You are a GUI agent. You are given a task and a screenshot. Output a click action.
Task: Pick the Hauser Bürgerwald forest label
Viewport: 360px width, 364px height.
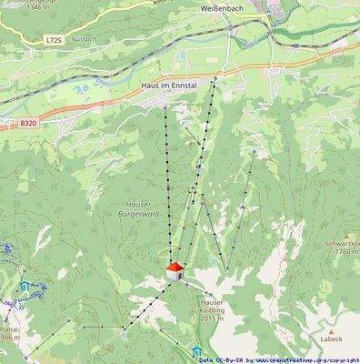coord(139,208)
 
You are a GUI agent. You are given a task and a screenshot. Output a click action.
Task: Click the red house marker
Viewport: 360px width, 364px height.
coord(174,270)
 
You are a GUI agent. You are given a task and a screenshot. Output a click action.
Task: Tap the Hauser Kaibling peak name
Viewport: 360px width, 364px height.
coord(212,306)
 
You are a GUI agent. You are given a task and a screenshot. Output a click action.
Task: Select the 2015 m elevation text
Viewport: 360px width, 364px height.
coord(212,318)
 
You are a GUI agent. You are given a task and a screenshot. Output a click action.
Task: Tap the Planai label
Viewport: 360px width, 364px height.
coord(9,325)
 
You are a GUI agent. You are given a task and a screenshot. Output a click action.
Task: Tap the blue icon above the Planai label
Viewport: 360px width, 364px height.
coord(23,287)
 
